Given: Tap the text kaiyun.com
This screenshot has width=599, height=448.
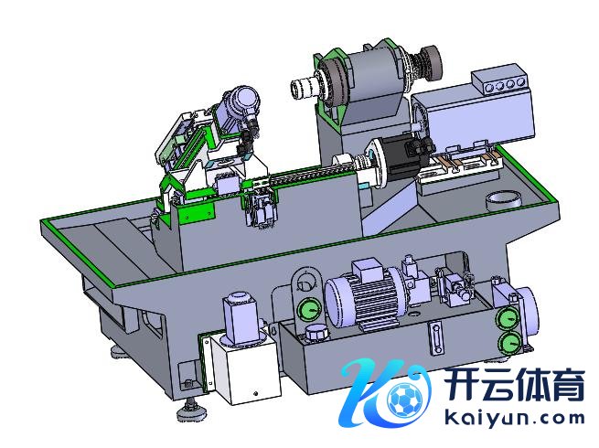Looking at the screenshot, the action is point(515,418).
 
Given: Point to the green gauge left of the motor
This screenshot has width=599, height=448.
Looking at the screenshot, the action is point(308,309).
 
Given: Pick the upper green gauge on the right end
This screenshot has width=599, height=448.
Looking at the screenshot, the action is point(508,316).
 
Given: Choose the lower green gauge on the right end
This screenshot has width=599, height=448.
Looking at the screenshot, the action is point(509,343).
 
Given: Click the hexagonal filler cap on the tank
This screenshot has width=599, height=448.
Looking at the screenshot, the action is point(316,332).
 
